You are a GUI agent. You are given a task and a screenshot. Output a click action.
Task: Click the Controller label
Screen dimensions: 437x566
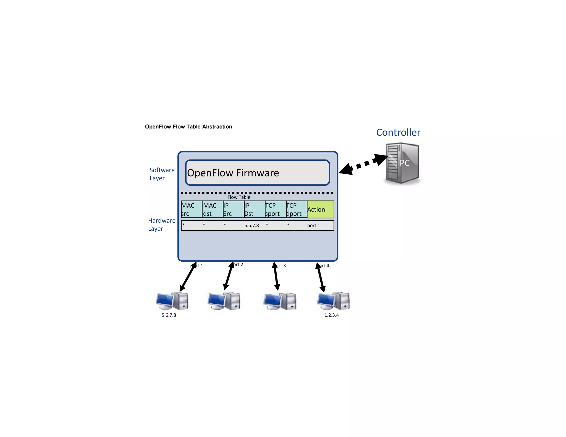pos(398,133)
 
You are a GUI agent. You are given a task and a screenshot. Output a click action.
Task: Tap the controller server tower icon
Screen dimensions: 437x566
pos(402,163)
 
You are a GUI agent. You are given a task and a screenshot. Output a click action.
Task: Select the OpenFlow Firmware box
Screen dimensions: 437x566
pos(257,173)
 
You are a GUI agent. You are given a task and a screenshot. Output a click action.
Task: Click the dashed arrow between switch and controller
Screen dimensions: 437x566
pos(363,164)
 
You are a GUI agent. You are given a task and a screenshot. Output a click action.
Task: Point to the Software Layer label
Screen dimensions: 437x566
pos(162,174)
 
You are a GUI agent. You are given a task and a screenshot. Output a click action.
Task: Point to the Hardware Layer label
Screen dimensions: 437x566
pos(161,225)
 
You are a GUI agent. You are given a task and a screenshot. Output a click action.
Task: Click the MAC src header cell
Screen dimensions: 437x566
pos(191,209)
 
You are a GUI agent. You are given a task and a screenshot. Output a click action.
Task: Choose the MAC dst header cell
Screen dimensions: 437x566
pos(212,209)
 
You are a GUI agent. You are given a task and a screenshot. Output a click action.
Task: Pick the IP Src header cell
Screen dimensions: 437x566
pos(233,209)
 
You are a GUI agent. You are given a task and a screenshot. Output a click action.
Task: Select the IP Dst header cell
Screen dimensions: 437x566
pos(254,209)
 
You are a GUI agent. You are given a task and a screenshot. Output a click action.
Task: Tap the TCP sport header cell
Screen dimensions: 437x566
pos(275,209)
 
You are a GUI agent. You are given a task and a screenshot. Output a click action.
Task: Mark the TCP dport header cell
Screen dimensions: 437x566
pos(296,209)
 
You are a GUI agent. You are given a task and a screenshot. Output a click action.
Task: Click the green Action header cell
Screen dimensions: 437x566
pos(320,209)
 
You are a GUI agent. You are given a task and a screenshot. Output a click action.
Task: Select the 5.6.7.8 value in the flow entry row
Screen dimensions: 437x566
pos(251,225)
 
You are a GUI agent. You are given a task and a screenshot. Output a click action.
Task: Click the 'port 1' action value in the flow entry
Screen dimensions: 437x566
pos(313,225)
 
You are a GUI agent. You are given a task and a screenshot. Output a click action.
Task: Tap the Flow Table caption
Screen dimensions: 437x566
pos(239,197)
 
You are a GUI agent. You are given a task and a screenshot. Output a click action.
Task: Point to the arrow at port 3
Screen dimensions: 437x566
pos(276,276)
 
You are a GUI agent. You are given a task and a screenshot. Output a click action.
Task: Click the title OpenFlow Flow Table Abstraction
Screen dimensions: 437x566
pos(188,127)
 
